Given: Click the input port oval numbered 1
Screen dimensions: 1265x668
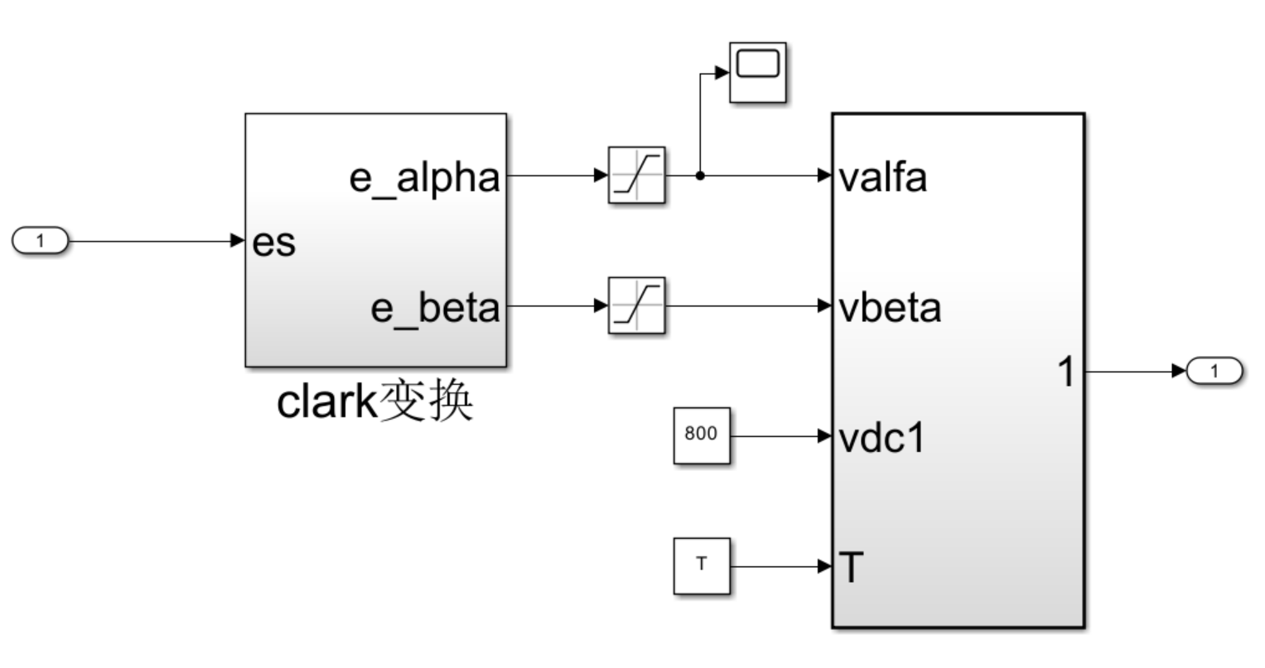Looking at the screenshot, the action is click(40, 241).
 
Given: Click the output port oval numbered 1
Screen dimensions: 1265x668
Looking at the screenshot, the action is click(1214, 371).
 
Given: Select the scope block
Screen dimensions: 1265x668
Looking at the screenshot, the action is click(758, 72).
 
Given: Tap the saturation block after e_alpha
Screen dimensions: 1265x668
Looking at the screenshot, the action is click(636, 175).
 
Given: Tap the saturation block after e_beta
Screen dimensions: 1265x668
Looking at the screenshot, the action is click(636, 305).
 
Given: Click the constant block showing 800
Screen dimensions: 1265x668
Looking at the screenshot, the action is click(702, 435).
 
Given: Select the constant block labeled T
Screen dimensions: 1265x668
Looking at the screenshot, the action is click(702, 566).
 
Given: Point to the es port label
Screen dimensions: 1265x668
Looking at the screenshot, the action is click(274, 243).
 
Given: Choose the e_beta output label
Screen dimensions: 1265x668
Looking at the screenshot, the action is click(436, 310).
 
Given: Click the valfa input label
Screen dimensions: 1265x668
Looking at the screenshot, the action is click(882, 178).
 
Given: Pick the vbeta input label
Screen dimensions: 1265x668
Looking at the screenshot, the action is click(890, 308).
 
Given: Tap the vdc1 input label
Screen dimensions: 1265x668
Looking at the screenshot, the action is click(881, 439).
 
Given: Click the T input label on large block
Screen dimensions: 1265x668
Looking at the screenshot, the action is click(851, 568).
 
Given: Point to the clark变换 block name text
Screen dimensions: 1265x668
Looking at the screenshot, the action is click(375, 401).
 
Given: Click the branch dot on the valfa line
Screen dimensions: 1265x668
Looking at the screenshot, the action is click(700, 175).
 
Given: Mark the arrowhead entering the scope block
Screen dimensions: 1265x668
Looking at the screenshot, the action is click(722, 72).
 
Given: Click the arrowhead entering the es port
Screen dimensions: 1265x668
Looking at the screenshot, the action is click(238, 241).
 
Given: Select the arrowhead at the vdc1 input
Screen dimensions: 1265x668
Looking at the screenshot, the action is click(824, 436).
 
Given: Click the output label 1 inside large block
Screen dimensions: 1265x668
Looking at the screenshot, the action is click(1066, 372).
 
